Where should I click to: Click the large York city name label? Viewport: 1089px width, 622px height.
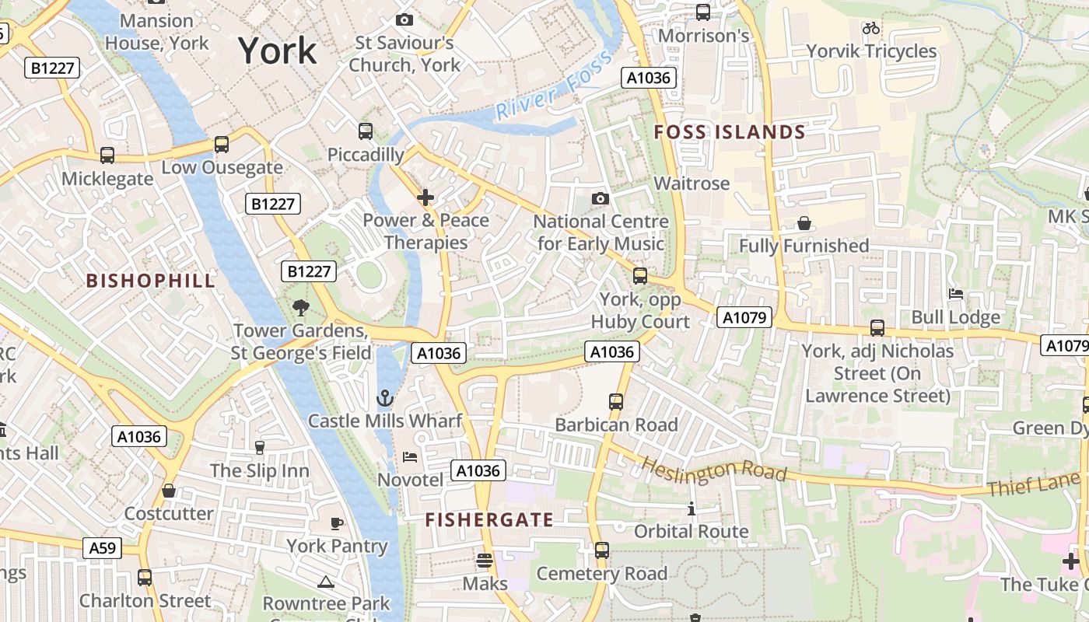[x=278, y=51]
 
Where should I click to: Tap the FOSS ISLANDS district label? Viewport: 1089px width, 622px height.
[x=729, y=132]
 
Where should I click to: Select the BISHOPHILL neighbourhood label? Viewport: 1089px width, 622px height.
[x=150, y=281]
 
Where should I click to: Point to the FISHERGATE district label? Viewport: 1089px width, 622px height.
[x=489, y=519]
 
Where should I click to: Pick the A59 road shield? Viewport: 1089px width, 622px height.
[x=102, y=548]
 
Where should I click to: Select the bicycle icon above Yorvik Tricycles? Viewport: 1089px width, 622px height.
[x=871, y=29]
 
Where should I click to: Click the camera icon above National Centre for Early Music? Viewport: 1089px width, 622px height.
[x=600, y=199]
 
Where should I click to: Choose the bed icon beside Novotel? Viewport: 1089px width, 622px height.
[x=409, y=457]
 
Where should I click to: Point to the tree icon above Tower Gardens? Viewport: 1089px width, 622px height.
[x=301, y=308]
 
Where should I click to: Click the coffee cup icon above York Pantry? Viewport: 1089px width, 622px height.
[x=337, y=523]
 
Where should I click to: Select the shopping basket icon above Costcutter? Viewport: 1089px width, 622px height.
[x=168, y=491]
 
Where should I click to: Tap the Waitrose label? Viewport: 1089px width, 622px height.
[x=692, y=183]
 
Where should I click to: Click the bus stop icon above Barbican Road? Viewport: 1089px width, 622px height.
[x=616, y=402]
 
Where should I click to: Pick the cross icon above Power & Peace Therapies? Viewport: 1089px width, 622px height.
[x=425, y=197]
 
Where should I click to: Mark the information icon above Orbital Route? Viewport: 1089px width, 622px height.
[x=691, y=509]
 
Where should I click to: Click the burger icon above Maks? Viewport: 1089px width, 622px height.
[x=485, y=561]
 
